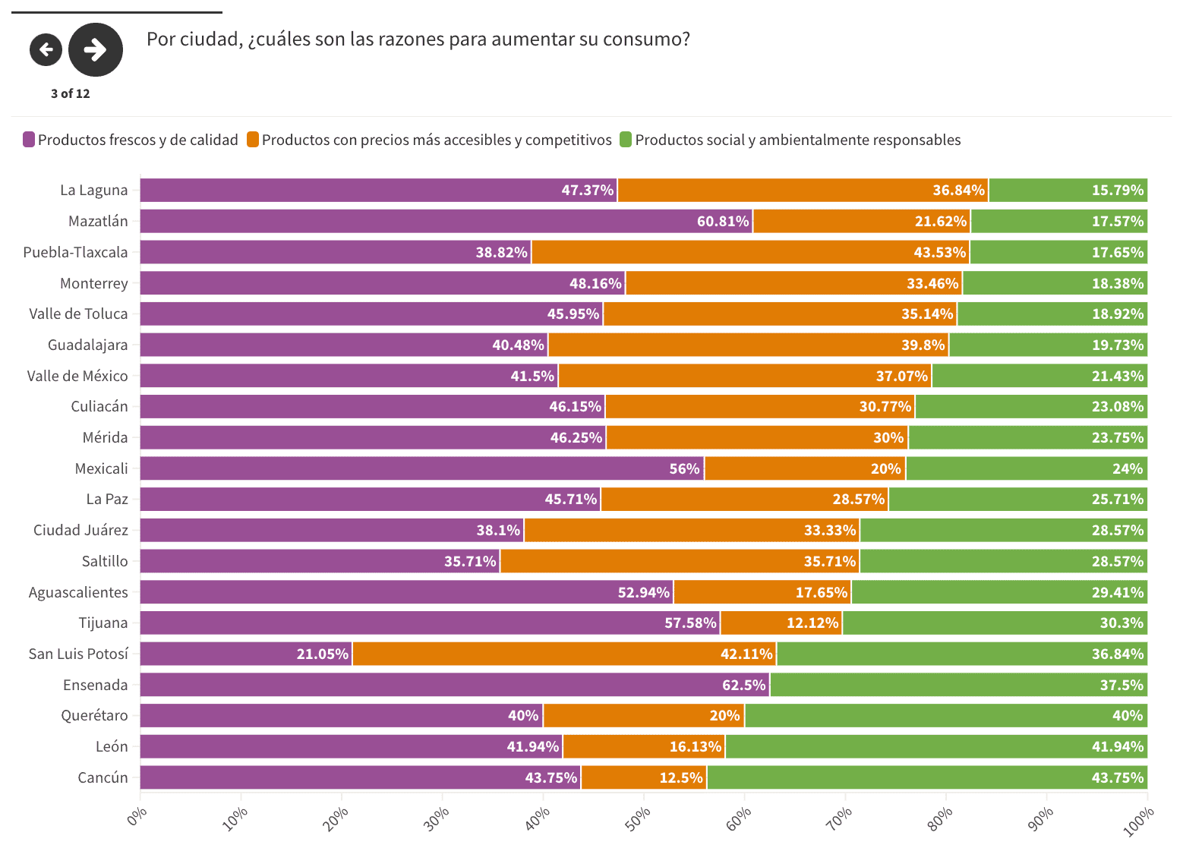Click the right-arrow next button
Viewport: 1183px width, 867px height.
pyautogui.click(x=96, y=50)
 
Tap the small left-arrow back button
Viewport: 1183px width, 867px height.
pyautogui.click(x=46, y=50)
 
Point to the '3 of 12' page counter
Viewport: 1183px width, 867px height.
pyautogui.click(x=71, y=93)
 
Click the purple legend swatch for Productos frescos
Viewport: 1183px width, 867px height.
pyautogui.click(x=29, y=140)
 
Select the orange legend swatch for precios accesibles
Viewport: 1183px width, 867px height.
pyautogui.click(x=253, y=140)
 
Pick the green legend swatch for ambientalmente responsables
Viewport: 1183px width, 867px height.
pyautogui.click(x=626, y=140)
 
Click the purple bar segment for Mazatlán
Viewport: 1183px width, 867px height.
pyautogui.click(x=446, y=221)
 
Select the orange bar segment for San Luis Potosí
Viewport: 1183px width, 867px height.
pyautogui.click(x=564, y=654)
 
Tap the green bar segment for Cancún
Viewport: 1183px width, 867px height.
pyautogui.click(x=926, y=777)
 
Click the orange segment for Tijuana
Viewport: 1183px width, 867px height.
pyautogui.click(x=781, y=623)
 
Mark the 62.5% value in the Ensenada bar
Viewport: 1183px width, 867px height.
pyautogui.click(x=743, y=685)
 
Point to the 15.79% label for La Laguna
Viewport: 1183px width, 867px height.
pyautogui.click(x=1117, y=190)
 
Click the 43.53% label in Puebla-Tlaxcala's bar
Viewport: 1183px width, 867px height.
pyautogui.click(x=939, y=252)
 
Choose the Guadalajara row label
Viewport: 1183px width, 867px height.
pyautogui.click(x=87, y=345)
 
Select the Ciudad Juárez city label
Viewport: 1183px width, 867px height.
pyautogui.click(x=80, y=530)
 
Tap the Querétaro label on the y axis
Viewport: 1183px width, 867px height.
pyautogui.click(x=94, y=715)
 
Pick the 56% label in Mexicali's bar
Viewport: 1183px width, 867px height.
pyautogui.click(x=683, y=468)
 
